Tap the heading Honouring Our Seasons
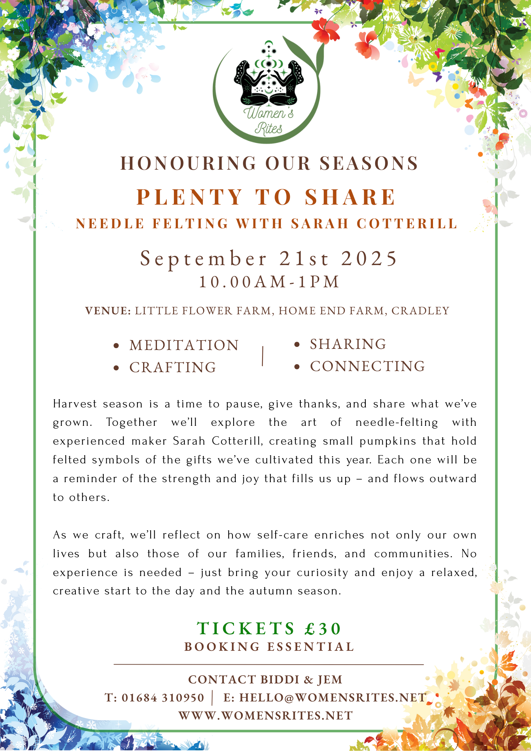[269, 164]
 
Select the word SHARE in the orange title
[350, 197]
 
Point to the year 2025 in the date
[369, 259]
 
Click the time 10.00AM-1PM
[269, 282]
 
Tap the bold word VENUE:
[108, 311]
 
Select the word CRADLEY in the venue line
[420, 311]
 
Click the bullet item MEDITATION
[184, 345]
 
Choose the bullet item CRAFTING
[173, 368]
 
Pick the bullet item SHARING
[348, 344]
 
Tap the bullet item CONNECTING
[367, 366]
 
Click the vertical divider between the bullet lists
[262, 356]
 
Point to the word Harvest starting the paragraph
[75, 404]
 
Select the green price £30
[323, 629]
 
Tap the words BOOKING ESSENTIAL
[269, 647]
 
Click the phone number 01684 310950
[163, 698]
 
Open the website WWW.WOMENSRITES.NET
[265, 716]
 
